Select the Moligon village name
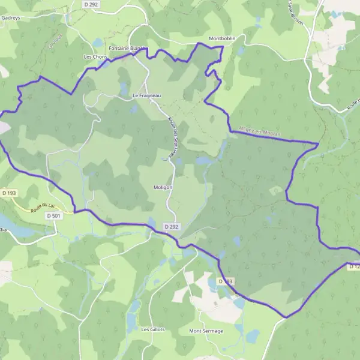pos(163,187)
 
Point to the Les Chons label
pos(94,57)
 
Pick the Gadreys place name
pos(10,35)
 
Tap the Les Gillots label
pos(153,329)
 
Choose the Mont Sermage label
pos(206,331)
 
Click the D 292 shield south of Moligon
pos(172,227)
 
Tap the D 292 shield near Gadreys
pos(91,4)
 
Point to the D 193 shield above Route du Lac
pos(9,193)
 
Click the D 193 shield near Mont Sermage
pos(225,281)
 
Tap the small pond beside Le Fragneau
pos(124,89)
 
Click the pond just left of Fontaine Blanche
pos(98,43)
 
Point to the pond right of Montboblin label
pos(242,50)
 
